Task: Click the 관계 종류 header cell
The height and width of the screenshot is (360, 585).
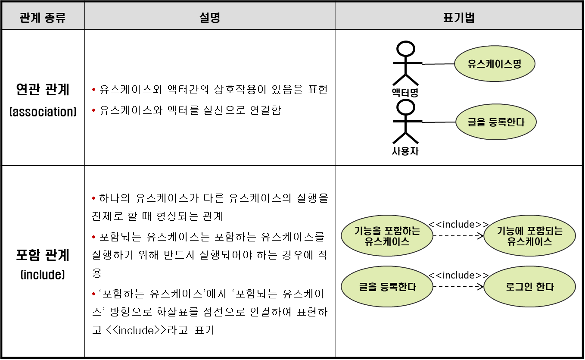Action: (43, 18)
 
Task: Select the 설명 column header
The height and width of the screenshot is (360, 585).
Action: (210, 18)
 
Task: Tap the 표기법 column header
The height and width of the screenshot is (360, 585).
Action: (458, 18)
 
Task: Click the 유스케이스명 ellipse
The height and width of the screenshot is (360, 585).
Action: (495, 64)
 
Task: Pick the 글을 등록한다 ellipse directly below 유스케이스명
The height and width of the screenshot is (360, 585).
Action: (496, 122)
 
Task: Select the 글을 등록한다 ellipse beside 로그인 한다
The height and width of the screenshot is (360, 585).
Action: (387, 287)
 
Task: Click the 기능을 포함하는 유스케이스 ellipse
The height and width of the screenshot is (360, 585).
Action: (387, 236)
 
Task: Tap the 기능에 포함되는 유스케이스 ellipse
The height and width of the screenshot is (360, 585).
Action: (529, 236)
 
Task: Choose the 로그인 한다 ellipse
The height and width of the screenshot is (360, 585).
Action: (529, 287)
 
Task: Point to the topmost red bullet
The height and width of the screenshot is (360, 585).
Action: (93, 90)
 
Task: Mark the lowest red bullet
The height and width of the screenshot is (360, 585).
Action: (93, 294)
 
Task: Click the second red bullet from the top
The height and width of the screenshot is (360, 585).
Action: (93, 110)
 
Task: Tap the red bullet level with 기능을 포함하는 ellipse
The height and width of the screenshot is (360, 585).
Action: (93, 237)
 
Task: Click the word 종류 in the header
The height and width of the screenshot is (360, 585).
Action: (55, 18)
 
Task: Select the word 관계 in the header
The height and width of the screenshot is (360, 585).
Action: (30, 18)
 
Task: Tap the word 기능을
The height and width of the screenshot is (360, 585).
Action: (367, 231)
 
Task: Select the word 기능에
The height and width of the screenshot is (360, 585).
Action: (510, 231)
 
